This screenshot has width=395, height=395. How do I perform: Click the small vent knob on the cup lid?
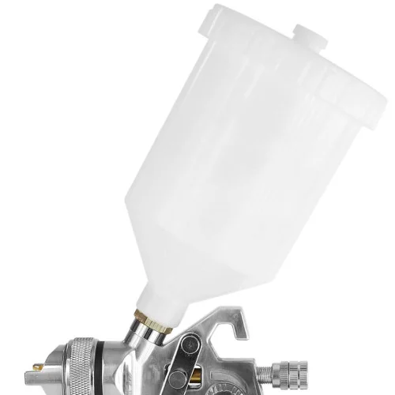pos(310,33)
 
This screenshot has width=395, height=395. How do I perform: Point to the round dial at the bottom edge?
pos(237,387)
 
